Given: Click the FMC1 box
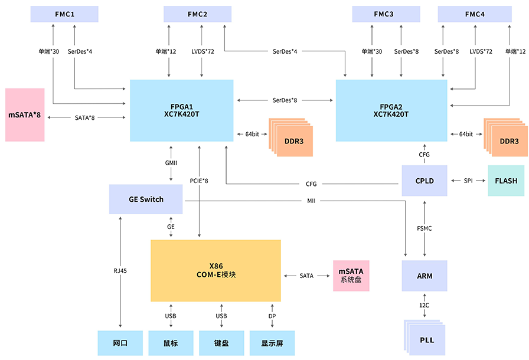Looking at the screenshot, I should (x=65, y=14).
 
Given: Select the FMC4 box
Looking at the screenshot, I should (x=475, y=14).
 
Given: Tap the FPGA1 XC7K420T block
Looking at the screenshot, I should (x=181, y=110).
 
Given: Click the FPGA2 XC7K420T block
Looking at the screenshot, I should (x=391, y=110).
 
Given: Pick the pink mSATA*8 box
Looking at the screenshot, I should (x=25, y=114).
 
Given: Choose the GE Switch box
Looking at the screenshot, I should (x=146, y=199).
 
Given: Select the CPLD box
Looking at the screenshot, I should (x=424, y=181).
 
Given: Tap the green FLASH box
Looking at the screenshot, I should (x=506, y=181).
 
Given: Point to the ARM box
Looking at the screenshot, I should (x=424, y=276).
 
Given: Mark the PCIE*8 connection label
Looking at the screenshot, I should (x=199, y=181).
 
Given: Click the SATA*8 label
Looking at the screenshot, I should (x=85, y=118).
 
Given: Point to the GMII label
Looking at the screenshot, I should (x=171, y=162).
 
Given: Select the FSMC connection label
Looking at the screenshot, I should (x=424, y=228).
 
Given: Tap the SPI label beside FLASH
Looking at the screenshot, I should (x=468, y=181).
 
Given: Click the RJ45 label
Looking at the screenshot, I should (x=120, y=271).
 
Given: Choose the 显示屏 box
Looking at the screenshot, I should (x=272, y=343).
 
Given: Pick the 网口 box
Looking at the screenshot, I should (x=120, y=343).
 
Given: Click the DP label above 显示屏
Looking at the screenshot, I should (x=272, y=316).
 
